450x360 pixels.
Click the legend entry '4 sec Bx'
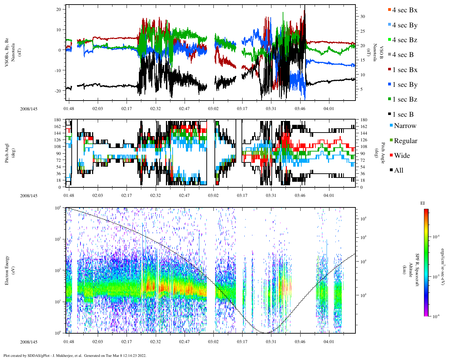[405, 10]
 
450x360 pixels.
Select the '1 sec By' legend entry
[405, 85]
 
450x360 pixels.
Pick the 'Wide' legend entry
[402, 156]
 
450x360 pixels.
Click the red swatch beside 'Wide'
[391, 155]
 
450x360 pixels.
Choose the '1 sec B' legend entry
[403, 115]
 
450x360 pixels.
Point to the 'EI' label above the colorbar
[423, 203]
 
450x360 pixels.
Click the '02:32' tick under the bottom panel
[155, 342]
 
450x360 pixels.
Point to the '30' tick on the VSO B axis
[362, 17]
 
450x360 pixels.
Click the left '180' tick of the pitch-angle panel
[57, 120]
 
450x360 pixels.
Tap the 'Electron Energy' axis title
[7, 270]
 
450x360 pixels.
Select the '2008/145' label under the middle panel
[28, 196]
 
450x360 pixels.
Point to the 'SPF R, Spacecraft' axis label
[418, 270]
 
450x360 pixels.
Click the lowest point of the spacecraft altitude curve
[266, 333]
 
